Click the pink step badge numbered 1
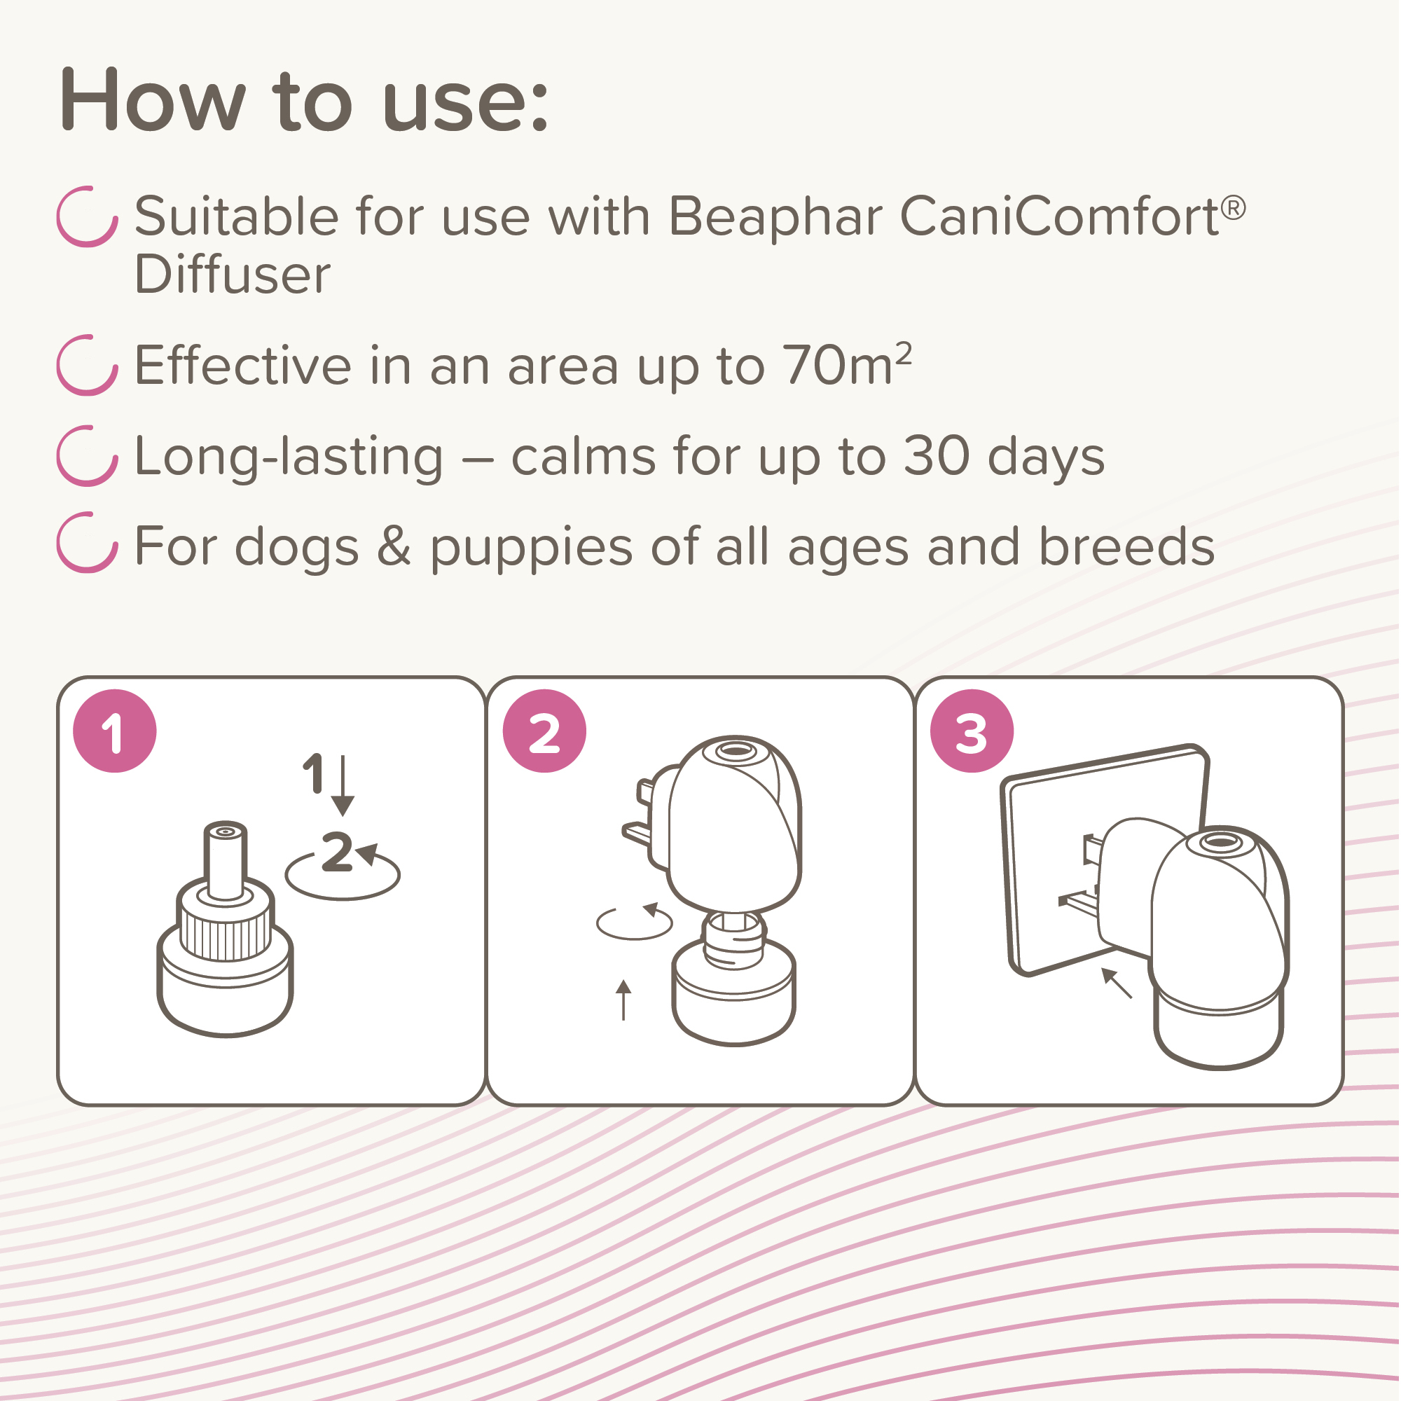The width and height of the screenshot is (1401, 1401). click(x=115, y=731)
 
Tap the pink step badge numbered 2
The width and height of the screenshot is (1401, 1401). click(x=544, y=731)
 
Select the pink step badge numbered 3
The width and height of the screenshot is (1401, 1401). click(x=972, y=731)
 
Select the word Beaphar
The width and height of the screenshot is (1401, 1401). click(x=775, y=218)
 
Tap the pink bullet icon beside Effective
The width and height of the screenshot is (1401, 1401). click(x=87, y=365)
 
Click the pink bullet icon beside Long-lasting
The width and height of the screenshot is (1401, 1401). click(x=87, y=455)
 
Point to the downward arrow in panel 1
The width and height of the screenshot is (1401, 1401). click(x=343, y=785)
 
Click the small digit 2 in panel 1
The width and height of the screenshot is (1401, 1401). click(x=337, y=850)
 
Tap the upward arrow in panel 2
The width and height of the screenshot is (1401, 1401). click(x=623, y=1000)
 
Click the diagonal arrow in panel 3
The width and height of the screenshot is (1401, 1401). click(x=1117, y=983)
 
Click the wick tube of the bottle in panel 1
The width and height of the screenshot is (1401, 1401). click(x=226, y=861)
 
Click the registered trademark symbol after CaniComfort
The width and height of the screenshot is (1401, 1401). click(x=1234, y=208)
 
